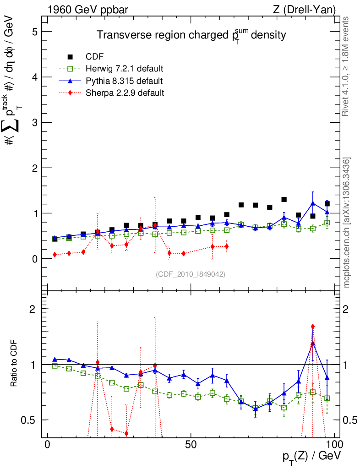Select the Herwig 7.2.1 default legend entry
tap(124, 69)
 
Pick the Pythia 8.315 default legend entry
tap(124, 81)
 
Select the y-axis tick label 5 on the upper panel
tap(34, 32)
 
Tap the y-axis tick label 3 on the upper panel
tap(34, 122)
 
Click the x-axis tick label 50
tap(191, 445)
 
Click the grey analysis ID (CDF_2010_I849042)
tap(191, 274)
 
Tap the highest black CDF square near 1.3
tap(284, 200)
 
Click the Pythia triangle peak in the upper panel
tap(313, 203)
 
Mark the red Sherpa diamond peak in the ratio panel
tap(313, 327)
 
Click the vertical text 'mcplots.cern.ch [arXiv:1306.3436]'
tap(347, 222)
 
